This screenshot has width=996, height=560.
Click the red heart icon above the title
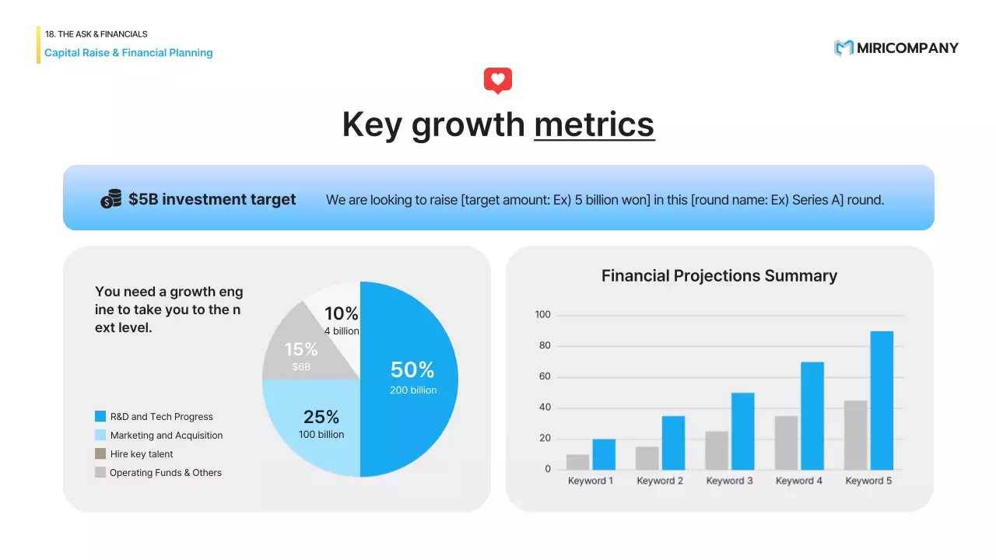pyautogui.click(x=497, y=80)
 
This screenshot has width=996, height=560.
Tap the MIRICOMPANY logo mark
pyautogui.click(x=843, y=48)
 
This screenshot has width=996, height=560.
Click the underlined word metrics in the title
pyautogui.click(x=594, y=124)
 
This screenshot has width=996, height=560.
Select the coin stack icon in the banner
pyautogui.click(x=110, y=198)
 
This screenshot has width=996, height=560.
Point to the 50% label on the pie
pyautogui.click(x=412, y=369)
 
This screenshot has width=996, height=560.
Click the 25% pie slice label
pyautogui.click(x=321, y=417)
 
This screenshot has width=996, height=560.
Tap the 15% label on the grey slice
pyautogui.click(x=301, y=349)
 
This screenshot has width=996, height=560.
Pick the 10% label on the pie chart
pyautogui.click(x=341, y=313)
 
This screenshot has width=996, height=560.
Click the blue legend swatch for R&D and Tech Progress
pyautogui.click(x=100, y=416)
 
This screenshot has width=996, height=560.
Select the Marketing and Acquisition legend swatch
pyautogui.click(x=100, y=435)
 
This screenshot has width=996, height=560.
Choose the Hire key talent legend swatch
pyautogui.click(x=100, y=453)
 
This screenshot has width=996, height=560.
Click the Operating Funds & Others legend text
pyautogui.click(x=166, y=472)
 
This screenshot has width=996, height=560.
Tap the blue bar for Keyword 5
pyautogui.click(x=882, y=401)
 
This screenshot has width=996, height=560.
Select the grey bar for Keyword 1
pyautogui.click(x=577, y=462)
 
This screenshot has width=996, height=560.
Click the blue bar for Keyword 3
pyautogui.click(x=743, y=431)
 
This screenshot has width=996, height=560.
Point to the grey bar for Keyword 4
pyautogui.click(x=786, y=443)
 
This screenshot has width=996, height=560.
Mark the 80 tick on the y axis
pyautogui.click(x=545, y=345)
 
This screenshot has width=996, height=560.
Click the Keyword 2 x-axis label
pyautogui.click(x=660, y=481)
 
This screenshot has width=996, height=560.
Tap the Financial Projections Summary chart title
pyautogui.click(x=719, y=275)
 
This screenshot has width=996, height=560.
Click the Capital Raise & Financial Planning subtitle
pyautogui.click(x=128, y=52)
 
